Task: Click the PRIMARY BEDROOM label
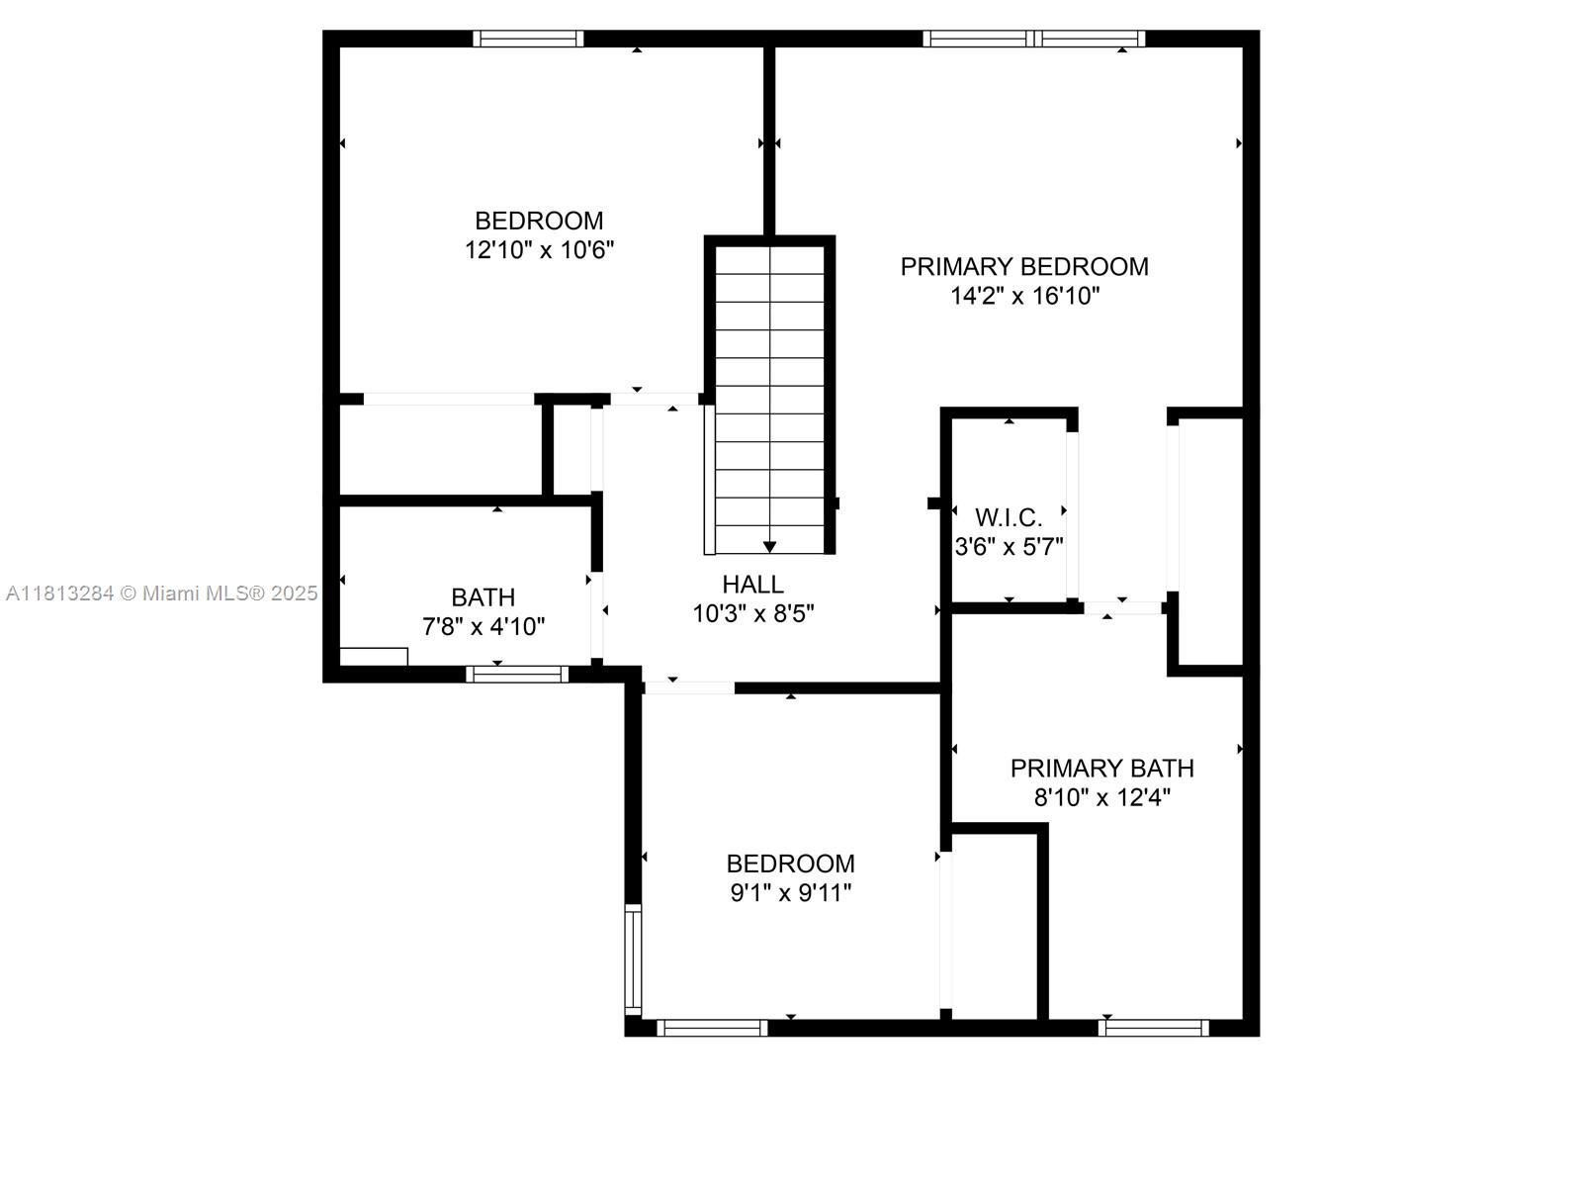(1023, 267)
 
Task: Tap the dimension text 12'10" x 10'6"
(539, 250)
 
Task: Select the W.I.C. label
(1009, 517)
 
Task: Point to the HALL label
(753, 584)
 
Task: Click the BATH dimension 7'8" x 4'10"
(483, 627)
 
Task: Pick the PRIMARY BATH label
(1102, 769)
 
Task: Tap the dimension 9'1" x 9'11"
(791, 893)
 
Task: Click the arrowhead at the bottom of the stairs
(769, 546)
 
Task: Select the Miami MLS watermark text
(161, 593)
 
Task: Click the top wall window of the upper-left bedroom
(528, 39)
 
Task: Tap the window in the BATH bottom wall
(517, 674)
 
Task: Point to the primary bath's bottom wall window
(1153, 1028)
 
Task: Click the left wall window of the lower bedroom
(632, 959)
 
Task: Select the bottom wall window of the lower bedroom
(711, 1028)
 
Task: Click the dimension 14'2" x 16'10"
(1025, 296)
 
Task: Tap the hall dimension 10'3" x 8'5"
(753, 614)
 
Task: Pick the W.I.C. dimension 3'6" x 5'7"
(1010, 547)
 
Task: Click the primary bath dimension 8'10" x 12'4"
(1102, 798)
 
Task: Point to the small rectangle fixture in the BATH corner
(374, 657)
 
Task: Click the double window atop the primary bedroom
(1034, 39)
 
